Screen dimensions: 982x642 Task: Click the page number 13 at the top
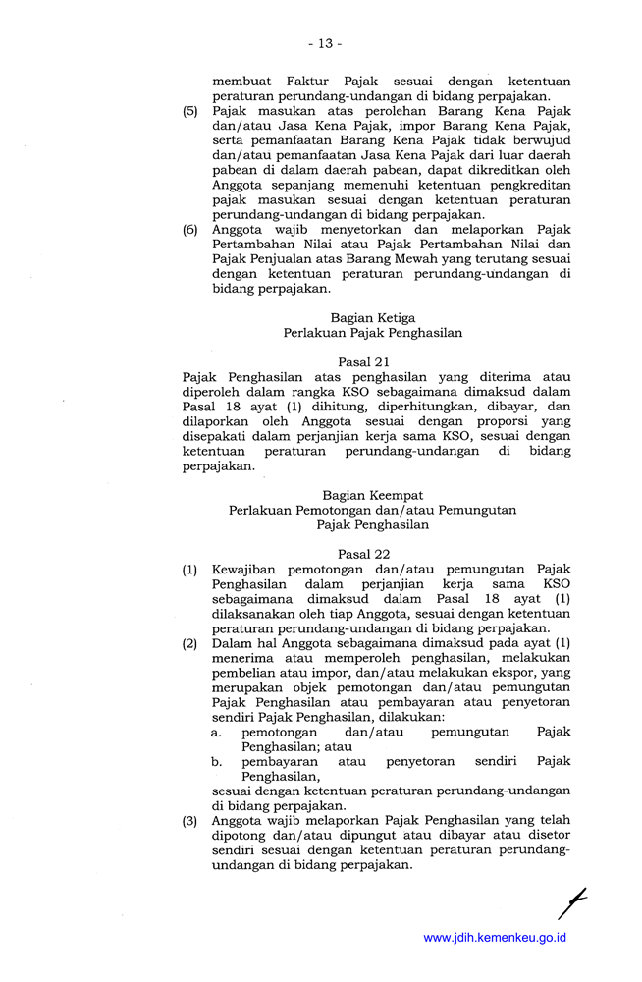click(324, 43)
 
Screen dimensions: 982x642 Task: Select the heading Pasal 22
click(363, 554)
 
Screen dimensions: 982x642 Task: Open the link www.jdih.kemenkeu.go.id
click(495, 938)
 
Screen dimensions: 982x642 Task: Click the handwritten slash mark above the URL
click(571, 900)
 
